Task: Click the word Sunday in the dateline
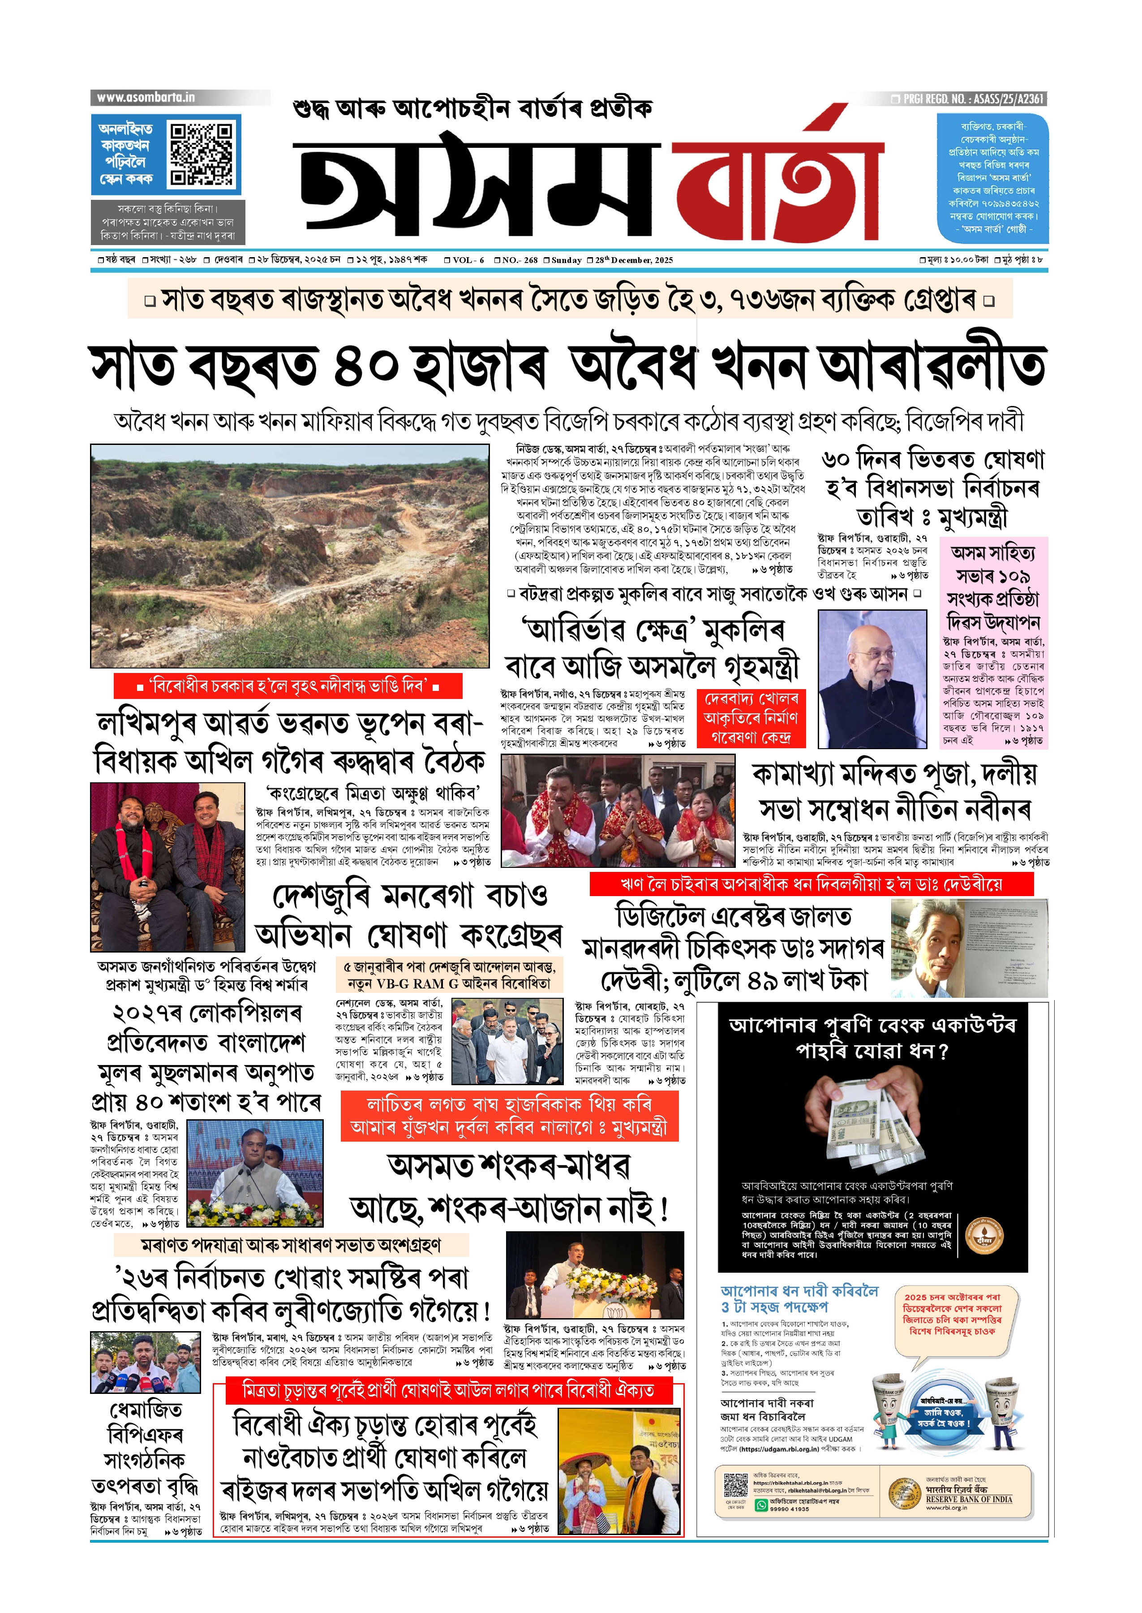[x=566, y=260]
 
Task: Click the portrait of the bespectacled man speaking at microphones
[x=872, y=679]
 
